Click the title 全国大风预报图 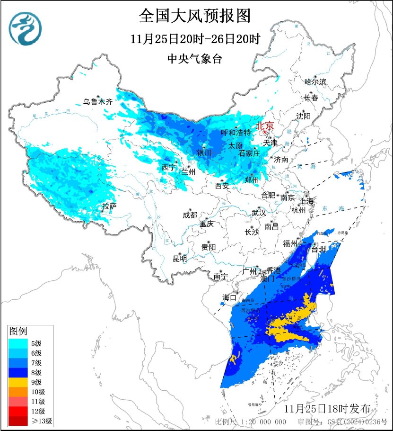(195, 16)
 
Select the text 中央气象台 (195, 59)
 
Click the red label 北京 (265, 126)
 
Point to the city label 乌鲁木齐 (98, 101)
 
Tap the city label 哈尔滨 (315, 82)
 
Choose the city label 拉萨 (109, 206)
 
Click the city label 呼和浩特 (236, 133)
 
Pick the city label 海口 (229, 297)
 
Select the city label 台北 (319, 249)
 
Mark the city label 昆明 (180, 258)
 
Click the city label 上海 (306, 201)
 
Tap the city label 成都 (190, 215)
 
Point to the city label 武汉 (259, 212)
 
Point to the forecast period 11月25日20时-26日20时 (195, 39)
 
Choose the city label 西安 (222, 186)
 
